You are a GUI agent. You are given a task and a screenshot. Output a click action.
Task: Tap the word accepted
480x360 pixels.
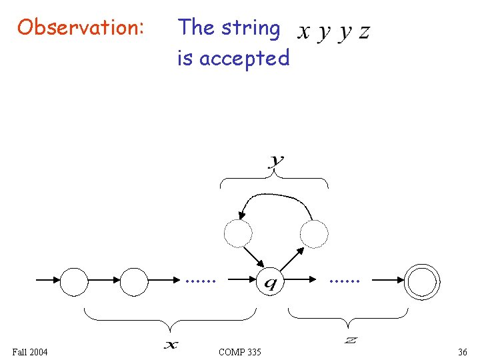(x=244, y=59)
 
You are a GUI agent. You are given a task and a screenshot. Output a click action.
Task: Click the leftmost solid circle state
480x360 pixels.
(x=74, y=281)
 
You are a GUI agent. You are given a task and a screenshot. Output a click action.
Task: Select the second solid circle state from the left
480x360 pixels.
(x=134, y=281)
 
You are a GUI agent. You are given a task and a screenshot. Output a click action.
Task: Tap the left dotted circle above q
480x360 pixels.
(x=238, y=233)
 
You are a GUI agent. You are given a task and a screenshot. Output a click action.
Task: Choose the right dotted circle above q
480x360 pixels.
(x=314, y=233)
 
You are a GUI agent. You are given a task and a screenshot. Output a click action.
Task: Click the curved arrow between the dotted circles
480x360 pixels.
(x=275, y=197)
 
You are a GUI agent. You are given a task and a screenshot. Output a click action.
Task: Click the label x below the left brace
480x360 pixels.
(x=171, y=344)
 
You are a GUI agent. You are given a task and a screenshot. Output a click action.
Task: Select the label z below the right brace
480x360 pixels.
(x=351, y=341)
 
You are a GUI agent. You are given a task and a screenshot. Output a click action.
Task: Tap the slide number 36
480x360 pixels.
(x=463, y=351)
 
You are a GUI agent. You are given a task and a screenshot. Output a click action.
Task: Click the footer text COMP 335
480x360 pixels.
(x=240, y=351)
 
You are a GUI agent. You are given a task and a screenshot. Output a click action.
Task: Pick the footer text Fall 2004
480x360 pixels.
(x=30, y=351)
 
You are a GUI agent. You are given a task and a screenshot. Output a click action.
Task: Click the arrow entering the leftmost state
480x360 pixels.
(x=47, y=281)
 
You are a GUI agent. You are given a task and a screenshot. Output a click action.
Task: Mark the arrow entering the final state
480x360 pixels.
(x=389, y=281)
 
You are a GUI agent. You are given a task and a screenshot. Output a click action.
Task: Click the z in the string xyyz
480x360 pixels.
(x=363, y=33)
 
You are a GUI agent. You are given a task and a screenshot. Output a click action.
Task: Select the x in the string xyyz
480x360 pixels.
(x=304, y=33)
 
